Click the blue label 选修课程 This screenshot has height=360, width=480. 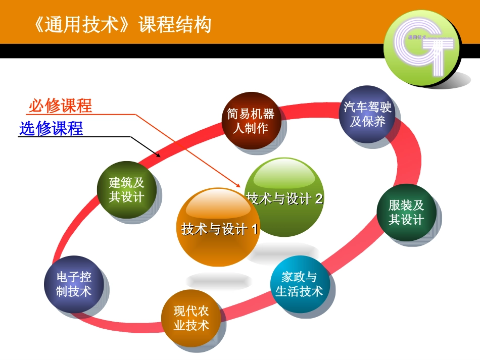[51, 128]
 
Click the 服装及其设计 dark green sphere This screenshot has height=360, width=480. [406, 213]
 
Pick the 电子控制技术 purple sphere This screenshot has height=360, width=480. [74, 284]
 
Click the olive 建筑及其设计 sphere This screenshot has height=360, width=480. [126, 190]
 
